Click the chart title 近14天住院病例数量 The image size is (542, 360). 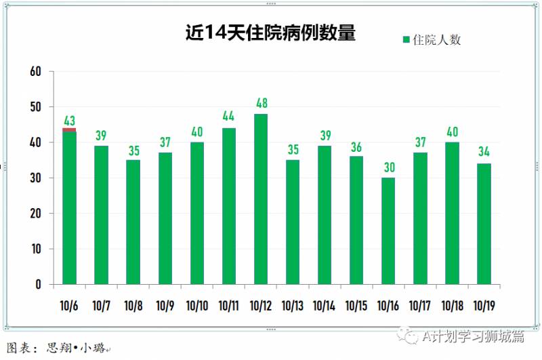(x=271, y=33)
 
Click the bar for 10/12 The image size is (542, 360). (x=261, y=199)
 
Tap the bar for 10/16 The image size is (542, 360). (x=388, y=231)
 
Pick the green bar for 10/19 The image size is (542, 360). (x=484, y=224)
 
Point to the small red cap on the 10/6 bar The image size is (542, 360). (x=69, y=129)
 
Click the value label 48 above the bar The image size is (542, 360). (x=261, y=104)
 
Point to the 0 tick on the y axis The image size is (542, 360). (x=39, y=285)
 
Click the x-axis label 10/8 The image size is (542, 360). (x=133, y=306)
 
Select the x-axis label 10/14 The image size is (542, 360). (x=325, y=306)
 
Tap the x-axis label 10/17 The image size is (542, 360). (x=420, y=306)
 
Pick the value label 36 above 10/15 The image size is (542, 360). (x=356, y=146)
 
